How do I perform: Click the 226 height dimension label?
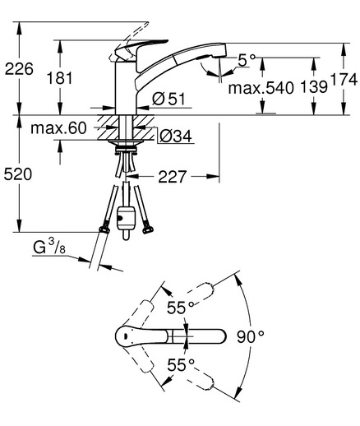click(x=19, y=68)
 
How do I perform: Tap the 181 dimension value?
click(x=59, y=78)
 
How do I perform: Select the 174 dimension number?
click(x=344, y=80)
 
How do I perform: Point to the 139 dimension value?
click(x=314, y=87)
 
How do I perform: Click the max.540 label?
click(x=261, y=88)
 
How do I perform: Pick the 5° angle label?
click(x=247, y=60)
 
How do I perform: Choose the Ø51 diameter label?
click(x=168, y=99)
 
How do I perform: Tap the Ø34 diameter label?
click(x=176, y=136)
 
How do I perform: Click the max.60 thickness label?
click(x=58, y=128)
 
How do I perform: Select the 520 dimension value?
click(x=18, y=174)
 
